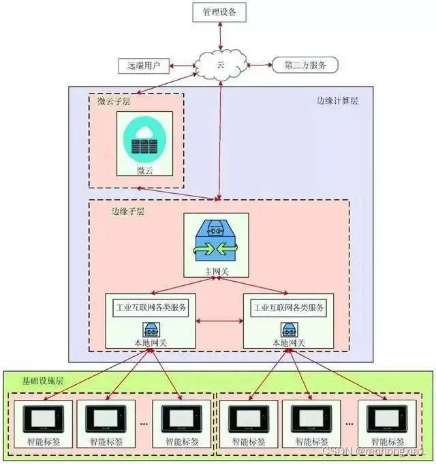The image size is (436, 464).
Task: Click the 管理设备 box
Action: pos(220,12)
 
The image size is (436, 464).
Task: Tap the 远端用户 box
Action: pos(144,66)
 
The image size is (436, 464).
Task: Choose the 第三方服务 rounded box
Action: pos(305,66)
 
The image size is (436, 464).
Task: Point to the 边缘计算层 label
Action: pos(337,101)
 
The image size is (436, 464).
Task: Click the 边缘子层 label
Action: pos(128,211)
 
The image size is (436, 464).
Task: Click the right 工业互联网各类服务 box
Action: pos(290,308)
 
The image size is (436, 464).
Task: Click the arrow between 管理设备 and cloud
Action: pos(220,35)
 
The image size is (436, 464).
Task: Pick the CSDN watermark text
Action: pos(373,452)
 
